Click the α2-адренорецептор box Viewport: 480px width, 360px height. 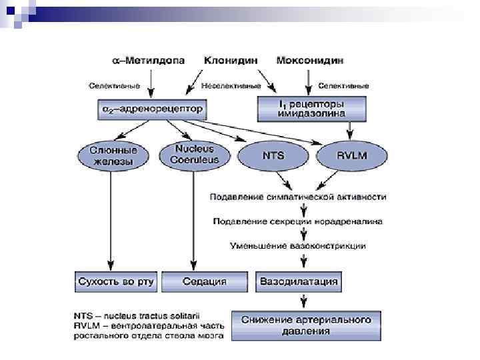tap(151, 108)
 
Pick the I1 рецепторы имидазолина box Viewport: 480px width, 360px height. tap(311, 107)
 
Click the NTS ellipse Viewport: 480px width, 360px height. tap(273, 155)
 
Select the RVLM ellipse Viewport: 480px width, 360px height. tap(352, 155)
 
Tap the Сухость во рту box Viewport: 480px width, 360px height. tap(115, 282)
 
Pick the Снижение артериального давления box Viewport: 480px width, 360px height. tap(307, 325)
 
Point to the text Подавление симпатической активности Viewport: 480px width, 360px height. tap(297, 197)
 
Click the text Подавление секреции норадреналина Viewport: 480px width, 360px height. tap(297, 221)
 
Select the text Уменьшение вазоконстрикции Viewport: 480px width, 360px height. tap(297, 245)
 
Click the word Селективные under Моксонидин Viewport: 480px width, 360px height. tap(344, 86)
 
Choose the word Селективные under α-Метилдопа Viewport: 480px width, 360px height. tap(115, 86)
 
